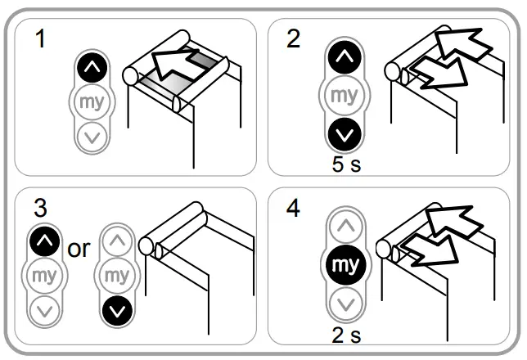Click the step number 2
(294, 38)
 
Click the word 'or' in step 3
(79, 249)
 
